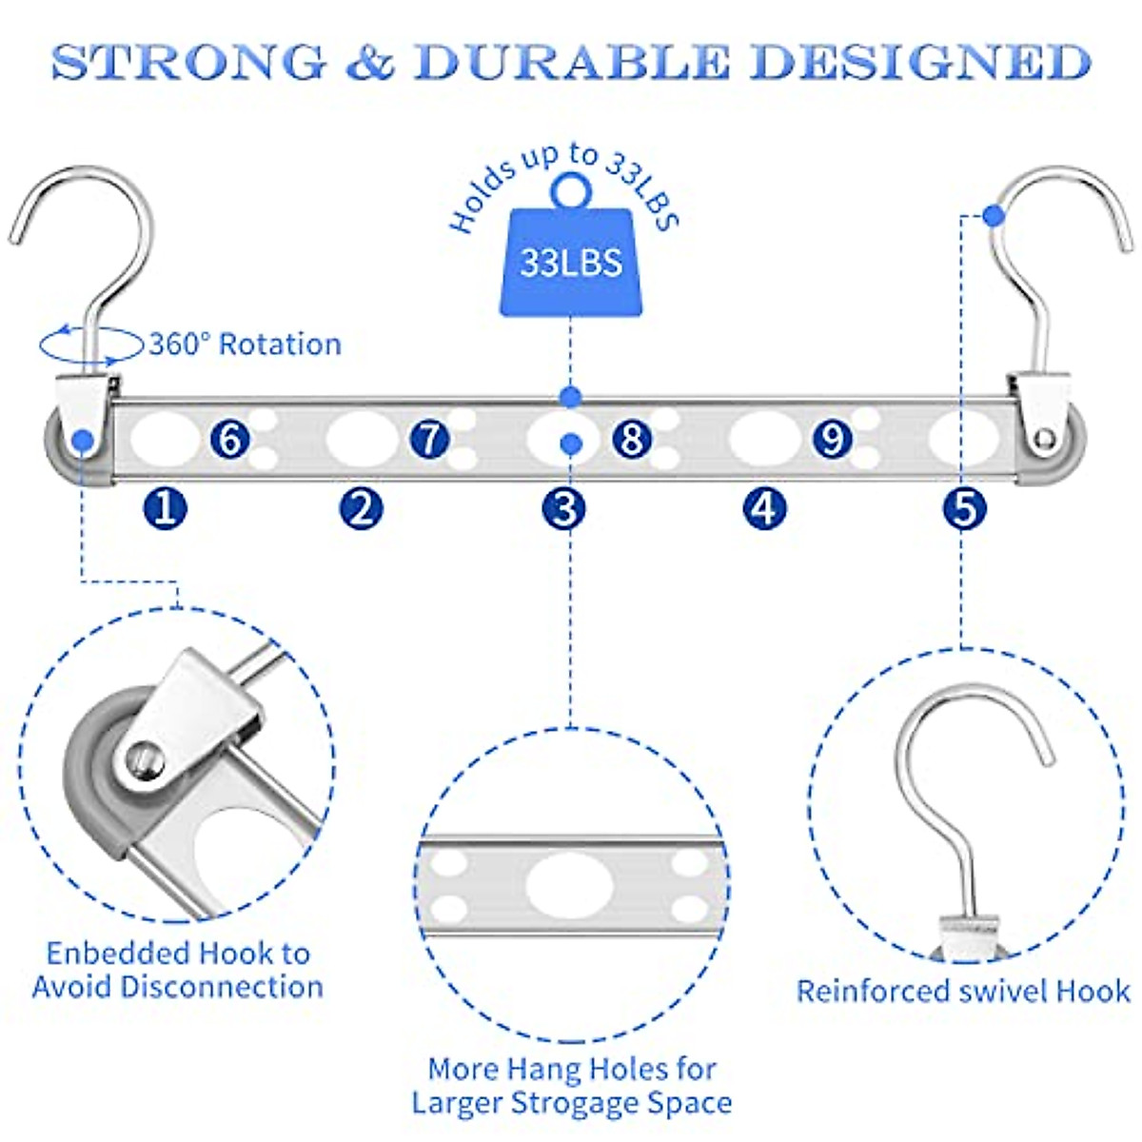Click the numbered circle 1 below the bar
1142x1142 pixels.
[166, 507]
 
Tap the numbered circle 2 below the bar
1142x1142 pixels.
[362, 507]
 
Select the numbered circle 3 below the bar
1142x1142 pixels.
[563, 507]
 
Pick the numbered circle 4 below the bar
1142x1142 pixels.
[764, 507]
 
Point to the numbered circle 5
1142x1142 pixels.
[965, 507]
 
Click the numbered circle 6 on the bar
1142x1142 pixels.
[229, 439]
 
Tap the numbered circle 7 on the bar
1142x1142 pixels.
[430, 439]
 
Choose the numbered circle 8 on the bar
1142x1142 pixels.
[632, 439]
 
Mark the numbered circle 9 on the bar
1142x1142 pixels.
[833, 439]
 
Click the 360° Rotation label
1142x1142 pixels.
[245, 345]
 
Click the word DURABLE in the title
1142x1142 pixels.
[571, 62]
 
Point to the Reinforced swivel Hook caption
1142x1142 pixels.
[963, 992]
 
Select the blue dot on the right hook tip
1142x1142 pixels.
[994, 216]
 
